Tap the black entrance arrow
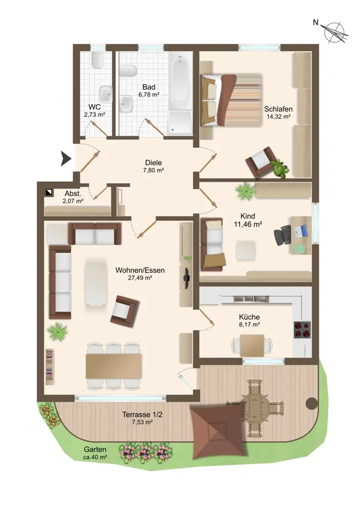click(x=66, y=159)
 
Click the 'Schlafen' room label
click(x=278, y=109)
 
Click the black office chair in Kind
click(x=282, y=234)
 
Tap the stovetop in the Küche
click(x=302, y=329)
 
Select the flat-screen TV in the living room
click(x=186, y=278)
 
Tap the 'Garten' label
click(x=95, y=449)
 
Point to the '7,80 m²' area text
click(x=153, y=170)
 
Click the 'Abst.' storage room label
click(x=73, y=194)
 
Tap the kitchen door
click(x=207, y=317)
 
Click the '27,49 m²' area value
click(x=140, y=278)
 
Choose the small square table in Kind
click(x=246, y=250)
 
